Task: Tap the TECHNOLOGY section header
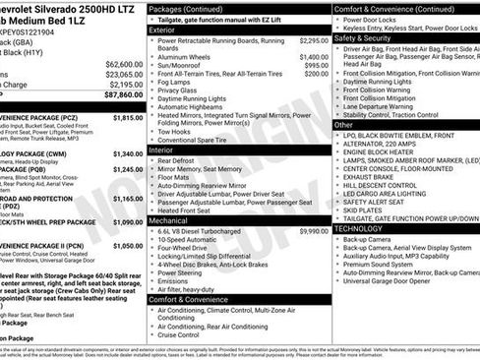[x=358, y=228]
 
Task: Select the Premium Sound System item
[x=380, y=264]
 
